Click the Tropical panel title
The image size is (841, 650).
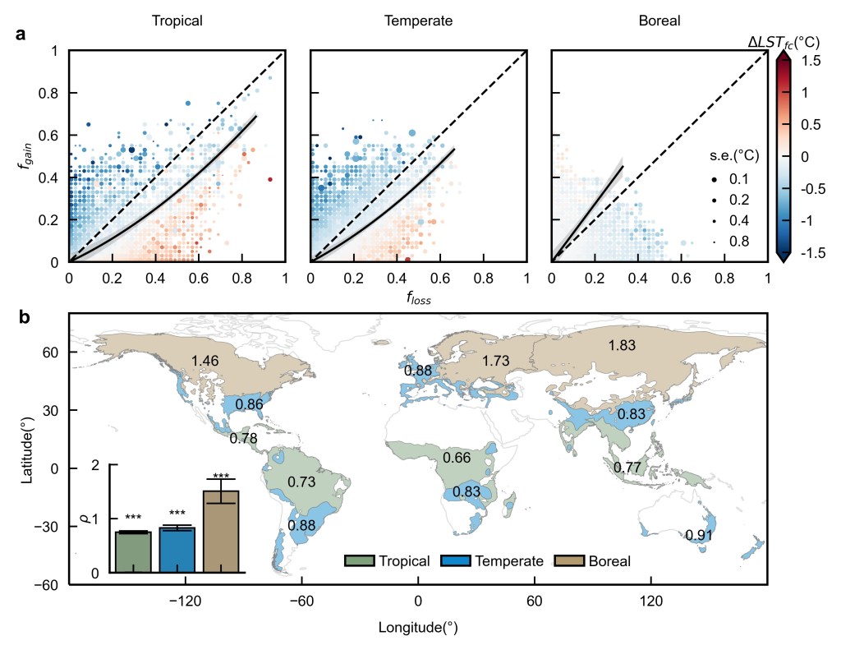click(177, 21)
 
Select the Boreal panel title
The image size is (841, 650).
click(659, 21)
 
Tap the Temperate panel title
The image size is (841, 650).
click(418, 21)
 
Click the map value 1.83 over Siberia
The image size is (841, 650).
click(622, 346)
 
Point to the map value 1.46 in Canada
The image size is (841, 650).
click(205, 361)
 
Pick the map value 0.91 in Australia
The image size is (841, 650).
click(699, 536)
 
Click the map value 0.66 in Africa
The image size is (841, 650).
click(457, 457)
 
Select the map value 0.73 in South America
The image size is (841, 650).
click(301, 482)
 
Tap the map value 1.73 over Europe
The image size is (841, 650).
click(496, 361)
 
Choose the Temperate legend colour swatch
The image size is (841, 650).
click(456, 561)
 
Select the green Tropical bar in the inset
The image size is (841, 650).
click(133, 552)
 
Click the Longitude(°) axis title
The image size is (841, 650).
click(418, 629)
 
